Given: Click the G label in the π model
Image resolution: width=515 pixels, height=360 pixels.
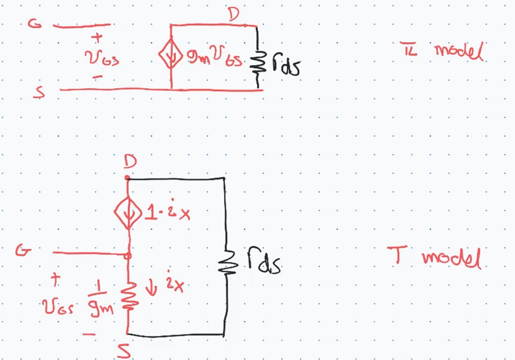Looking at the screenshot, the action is [x=34, y=24].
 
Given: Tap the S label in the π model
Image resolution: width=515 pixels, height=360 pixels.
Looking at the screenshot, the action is [x=39, y=92].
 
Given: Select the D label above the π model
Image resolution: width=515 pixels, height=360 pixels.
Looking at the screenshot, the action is [x=234, y=15].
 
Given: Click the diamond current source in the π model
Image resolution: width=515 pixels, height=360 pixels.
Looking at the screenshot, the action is [x=171, y=54].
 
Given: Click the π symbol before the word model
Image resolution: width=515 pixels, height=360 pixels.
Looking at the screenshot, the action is [x=409, y=49].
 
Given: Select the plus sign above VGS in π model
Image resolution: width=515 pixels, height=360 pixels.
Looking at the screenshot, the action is [x=97, y=37].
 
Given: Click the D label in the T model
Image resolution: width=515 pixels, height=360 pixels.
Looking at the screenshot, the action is [x=130, y=162].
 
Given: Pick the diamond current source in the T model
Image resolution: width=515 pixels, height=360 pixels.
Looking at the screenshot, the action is [x=128, y=213].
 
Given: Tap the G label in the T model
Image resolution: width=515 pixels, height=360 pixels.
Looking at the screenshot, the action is [x=23, y=251].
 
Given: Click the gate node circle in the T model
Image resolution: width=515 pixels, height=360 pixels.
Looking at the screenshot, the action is [x=128, y=256].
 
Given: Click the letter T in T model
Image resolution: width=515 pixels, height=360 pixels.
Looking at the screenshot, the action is [x=398, y=255].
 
